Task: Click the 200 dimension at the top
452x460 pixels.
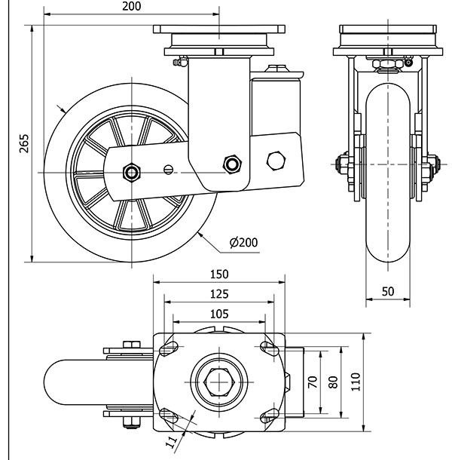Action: pyautogui.click(x=131, y=7)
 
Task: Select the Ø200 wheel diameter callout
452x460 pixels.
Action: pyautogui.click(x=242, y=242)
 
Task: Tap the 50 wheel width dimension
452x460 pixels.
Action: pyautogui.click(x=388, y=290)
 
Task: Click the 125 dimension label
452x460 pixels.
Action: pyautogui.click(x=219, y=293)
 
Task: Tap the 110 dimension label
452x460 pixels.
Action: pyautogui.click(x=356, y=382)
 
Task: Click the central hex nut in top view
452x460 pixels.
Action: pyautogui.click(x=219, y=382)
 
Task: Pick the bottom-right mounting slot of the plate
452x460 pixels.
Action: pyautogui.click(x=267, y=416)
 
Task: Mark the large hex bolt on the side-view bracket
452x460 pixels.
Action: pyautogui.click(x=277, y=161)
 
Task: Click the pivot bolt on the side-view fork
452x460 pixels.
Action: pyautogui.click(x=232, y=163)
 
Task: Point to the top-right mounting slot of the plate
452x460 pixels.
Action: pyautogui.click(x=267, y=348)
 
